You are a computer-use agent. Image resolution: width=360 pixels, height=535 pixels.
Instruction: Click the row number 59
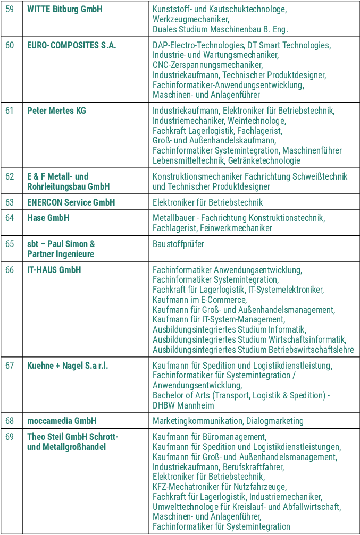pos(10,10)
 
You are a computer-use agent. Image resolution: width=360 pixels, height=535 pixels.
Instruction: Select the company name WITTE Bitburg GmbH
pos(64,10)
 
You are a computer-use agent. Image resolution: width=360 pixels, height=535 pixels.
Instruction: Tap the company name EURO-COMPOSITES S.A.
pos(71,45)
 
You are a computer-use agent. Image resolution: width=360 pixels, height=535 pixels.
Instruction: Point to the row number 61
pos(10,111)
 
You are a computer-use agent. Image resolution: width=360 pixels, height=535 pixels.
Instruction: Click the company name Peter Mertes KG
pos(56,111)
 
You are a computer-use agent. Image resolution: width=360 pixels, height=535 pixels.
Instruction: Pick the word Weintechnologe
pos(257,121)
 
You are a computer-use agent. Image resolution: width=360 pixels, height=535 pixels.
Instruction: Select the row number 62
pos(10,176)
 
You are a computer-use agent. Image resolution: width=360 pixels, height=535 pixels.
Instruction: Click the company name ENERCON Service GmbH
pos(71,202)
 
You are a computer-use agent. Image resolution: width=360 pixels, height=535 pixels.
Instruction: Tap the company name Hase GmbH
pos(48,218)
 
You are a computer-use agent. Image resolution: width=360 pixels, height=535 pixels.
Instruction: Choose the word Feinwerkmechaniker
pos(236,228)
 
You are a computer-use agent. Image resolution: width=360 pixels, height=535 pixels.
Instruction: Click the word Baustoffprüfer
pos(178,244)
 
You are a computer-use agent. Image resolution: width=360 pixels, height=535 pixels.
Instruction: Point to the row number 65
pos(10,244)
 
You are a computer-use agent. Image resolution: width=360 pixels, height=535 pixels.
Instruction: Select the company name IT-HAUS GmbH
pos(54,270)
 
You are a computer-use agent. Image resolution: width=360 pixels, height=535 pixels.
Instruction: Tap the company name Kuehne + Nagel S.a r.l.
pos(68,366)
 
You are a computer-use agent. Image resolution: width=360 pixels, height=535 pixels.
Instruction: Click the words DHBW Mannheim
pos(183,405)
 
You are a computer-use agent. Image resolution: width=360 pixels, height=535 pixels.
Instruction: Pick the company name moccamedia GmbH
pos(62,421)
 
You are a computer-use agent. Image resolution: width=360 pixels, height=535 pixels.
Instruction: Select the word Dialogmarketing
pos(274,421)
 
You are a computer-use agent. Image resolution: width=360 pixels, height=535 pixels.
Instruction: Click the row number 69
pos(10,437)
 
